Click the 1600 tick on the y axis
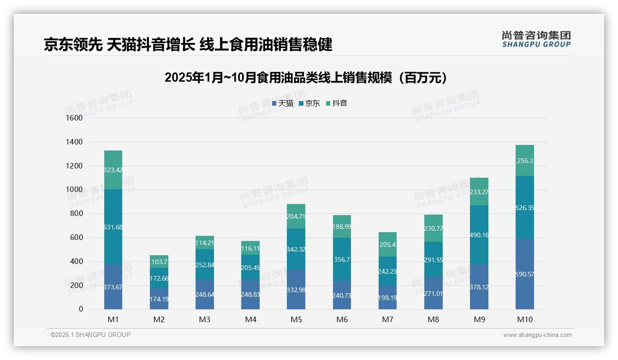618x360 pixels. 74,118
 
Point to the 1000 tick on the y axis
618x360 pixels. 74,190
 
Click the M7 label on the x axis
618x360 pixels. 387,319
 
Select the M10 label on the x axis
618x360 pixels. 524,319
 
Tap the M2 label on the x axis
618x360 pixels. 159,319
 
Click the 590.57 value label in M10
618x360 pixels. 525,275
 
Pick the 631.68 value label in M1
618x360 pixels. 113,227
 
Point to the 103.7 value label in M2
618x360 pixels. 159,262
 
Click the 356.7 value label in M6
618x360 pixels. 342,260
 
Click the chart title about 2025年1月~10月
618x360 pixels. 305,78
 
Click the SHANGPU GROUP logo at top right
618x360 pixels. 536,39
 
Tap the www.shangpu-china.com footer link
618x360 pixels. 537,335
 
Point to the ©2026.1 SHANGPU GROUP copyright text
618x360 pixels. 90,335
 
